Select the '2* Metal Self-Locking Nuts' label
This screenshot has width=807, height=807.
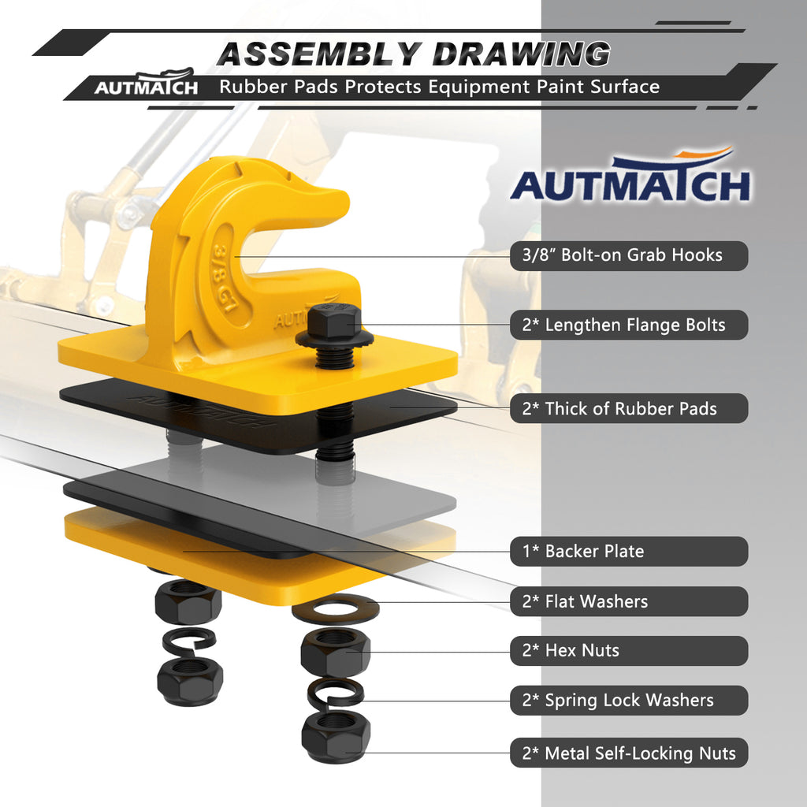(628, 753)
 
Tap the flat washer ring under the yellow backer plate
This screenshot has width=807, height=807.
(336, 608)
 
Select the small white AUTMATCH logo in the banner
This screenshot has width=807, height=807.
(146, 84)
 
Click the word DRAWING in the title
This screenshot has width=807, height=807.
(522, 54)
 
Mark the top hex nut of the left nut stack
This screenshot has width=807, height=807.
(188, 601)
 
